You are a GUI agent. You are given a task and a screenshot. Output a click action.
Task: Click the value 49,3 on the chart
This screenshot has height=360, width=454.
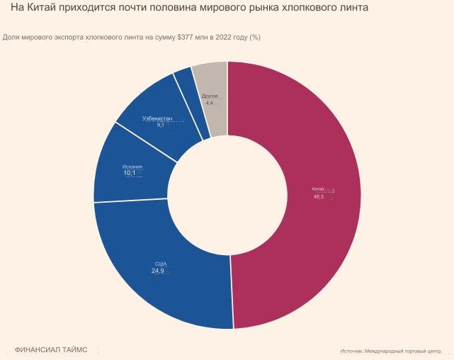click(318, 196)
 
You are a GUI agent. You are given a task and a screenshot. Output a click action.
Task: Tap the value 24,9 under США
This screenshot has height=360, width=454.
click(157, 271)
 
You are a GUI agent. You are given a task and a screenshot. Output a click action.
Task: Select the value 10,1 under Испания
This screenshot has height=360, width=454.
click(129, 173)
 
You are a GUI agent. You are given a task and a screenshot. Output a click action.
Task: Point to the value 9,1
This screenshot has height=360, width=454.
click(160, 125)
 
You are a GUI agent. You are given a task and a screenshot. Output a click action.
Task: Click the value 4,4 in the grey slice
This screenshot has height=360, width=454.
click(209, 103)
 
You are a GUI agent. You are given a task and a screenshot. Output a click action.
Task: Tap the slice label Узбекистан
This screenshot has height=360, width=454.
click(157, 118)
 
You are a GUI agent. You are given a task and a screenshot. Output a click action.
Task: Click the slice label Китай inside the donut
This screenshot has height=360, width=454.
click(317, 189)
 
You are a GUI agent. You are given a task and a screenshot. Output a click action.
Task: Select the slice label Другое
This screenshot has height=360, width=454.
click(210, 96)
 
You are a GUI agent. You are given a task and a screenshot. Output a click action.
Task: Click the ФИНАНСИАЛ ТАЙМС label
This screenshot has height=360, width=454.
click(51, 350)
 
